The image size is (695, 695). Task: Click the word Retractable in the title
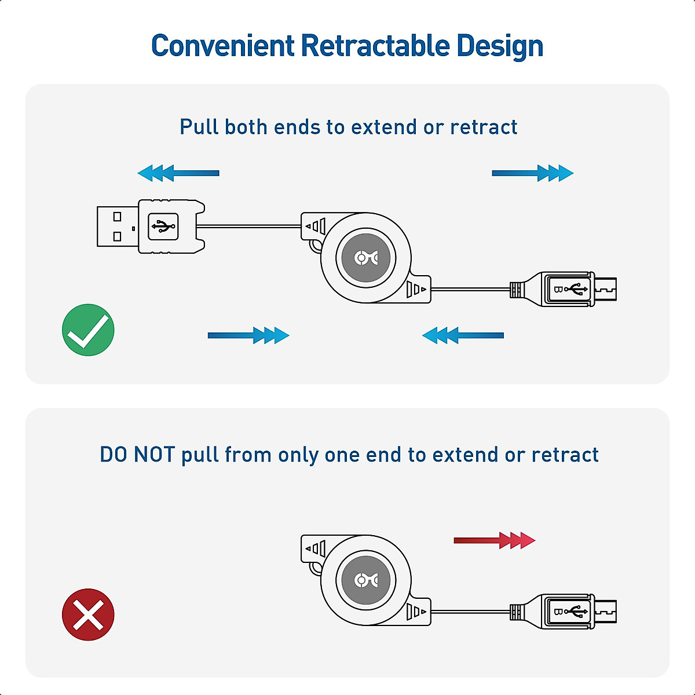point(375,46)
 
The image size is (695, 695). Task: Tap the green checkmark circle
point(88,330)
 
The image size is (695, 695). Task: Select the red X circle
point(88,614)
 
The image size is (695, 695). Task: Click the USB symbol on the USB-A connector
point(163,226)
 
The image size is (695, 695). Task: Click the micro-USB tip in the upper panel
point(606,288)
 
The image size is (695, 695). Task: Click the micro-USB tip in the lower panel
point(606,611)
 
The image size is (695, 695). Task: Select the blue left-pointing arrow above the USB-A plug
point(178,173)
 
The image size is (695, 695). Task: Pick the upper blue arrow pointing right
point(532,173)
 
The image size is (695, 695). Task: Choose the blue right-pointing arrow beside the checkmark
point(248,335)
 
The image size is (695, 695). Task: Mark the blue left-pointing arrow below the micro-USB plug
point(463,335)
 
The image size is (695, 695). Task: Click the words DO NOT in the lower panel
point(137,455)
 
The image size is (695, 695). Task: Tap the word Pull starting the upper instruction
point(199,127)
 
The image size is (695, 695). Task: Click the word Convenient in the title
point(223,46)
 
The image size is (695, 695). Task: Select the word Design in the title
point(500,46)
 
